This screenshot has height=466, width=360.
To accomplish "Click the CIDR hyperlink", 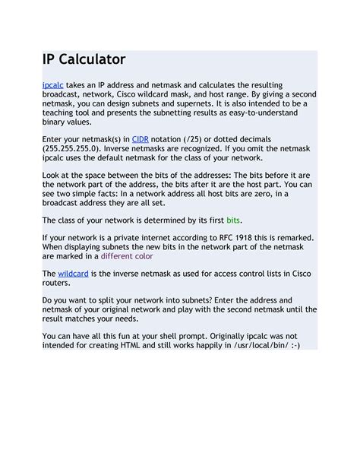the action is coord(141,139).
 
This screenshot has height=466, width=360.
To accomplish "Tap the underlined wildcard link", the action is coord(73,271).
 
